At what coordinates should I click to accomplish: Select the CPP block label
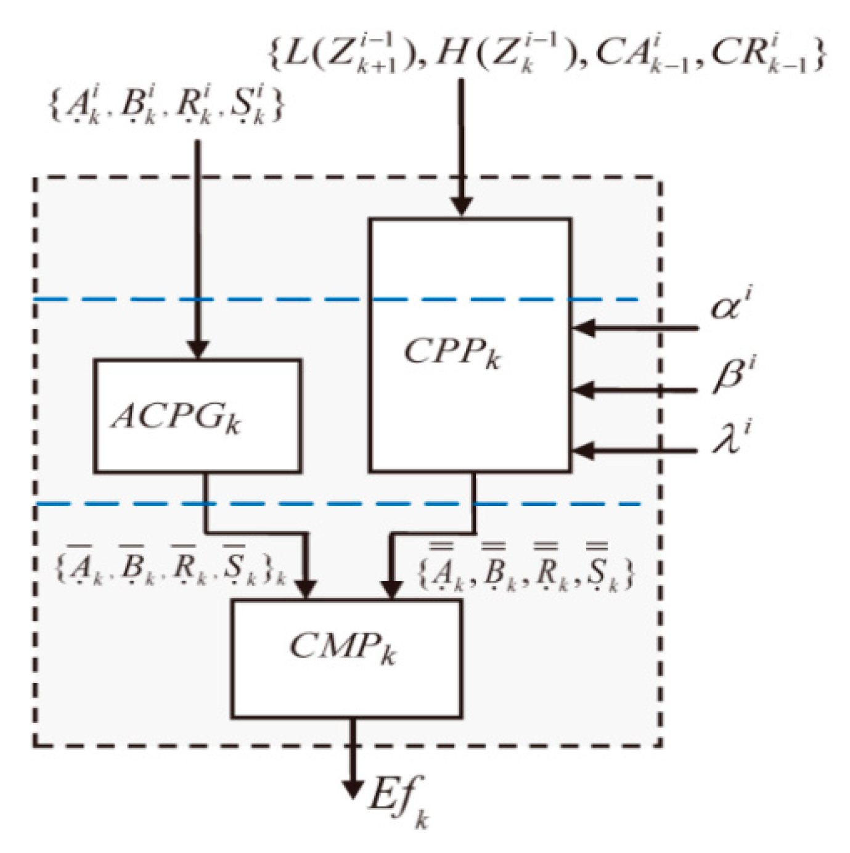point(452,354)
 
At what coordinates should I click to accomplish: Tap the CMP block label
point(343,648)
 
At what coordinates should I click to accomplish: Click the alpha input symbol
point(732,306)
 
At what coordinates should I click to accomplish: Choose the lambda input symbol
point(732,437)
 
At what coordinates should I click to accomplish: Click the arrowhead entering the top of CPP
point(462,206)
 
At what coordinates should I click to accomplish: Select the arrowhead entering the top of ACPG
point(198,349)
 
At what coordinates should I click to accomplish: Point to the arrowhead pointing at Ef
point(353,790)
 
